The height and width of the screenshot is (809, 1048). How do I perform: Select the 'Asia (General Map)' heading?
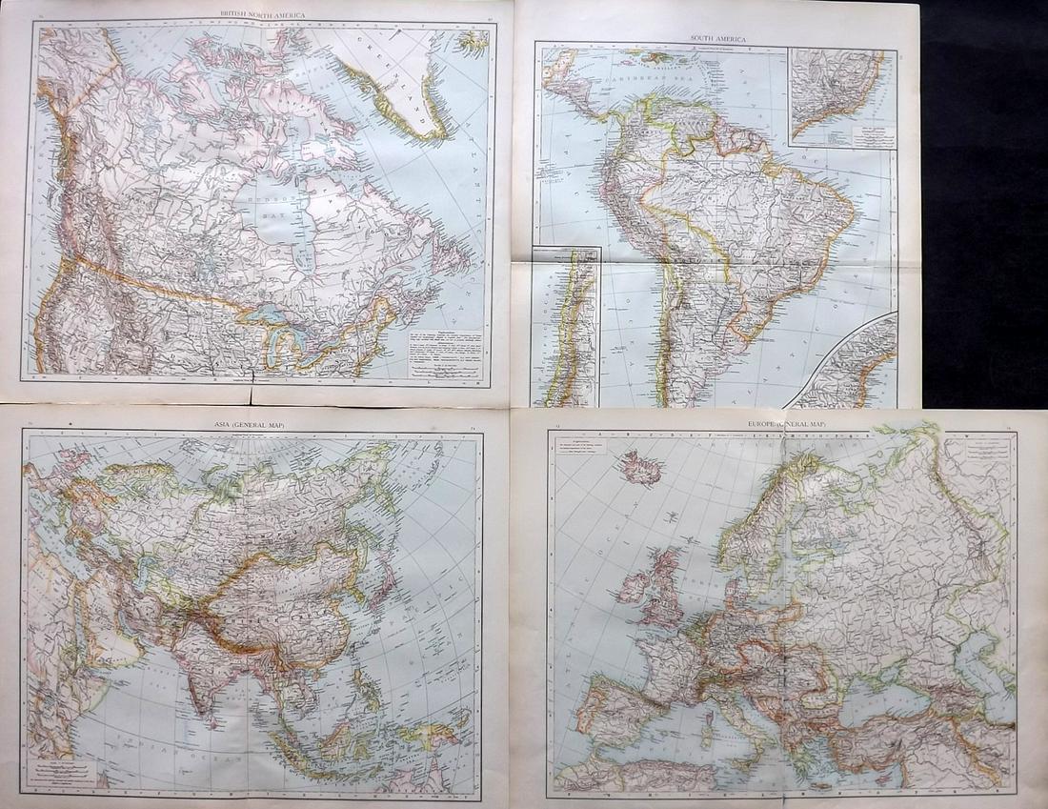252,423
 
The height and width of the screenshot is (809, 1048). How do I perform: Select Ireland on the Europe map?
633,587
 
